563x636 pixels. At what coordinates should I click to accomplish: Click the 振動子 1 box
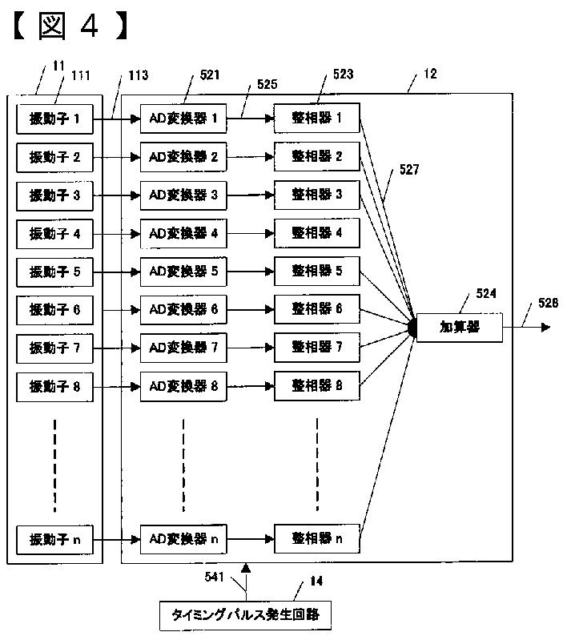pyautogui.click(x=54, y=119)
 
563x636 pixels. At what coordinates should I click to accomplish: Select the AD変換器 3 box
pyautogui.click(x=183, y=195)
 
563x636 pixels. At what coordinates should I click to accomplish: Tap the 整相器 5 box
pyautogui.click(x=317, y=271)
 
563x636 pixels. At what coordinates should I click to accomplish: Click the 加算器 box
pyautogui.click(x=460, y=328)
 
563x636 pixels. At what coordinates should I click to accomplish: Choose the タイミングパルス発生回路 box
pyautogui.click(x=245, y=616)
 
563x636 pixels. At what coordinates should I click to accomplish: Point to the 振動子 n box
pyautogui.click(x=54, y=540)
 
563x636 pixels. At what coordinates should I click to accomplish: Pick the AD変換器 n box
pyautogui.click(x=183, y=539)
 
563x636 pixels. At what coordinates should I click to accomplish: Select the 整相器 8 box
pyautogui.click(x=317, y=386)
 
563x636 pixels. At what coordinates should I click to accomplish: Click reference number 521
pyautogui.click(x=210, y=75)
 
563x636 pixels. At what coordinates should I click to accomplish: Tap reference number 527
pyautogui.click(x=409, y=170)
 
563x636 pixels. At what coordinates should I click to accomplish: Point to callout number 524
pyautogui.click(x=486, y=294)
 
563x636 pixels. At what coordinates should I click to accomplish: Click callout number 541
pyautogui.click(x=214, y=577)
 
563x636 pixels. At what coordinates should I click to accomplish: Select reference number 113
pyautogui.click(x=139, y=75)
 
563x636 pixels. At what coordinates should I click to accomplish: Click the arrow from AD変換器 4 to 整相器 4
pyautogui.click(x=251, y=234)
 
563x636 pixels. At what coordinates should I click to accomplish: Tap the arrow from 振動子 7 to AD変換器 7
pyautogui.click(x=117, y=348)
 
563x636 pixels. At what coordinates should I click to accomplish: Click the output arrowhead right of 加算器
pyautogui.click(x=546, y=328)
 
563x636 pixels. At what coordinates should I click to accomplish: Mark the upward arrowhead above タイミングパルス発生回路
pyautogui.click(x=245, y=568)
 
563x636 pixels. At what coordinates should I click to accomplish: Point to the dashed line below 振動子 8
pyautogui.click(x=54, y=465)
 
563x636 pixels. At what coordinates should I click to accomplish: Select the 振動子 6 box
pyautogui.click(x=54, y=310)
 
